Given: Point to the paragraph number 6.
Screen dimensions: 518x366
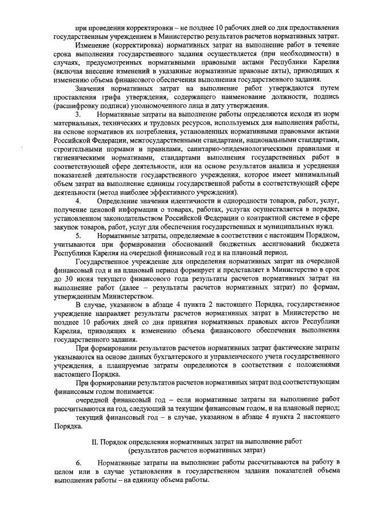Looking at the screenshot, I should pyautogui.click(x=78, y=461).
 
